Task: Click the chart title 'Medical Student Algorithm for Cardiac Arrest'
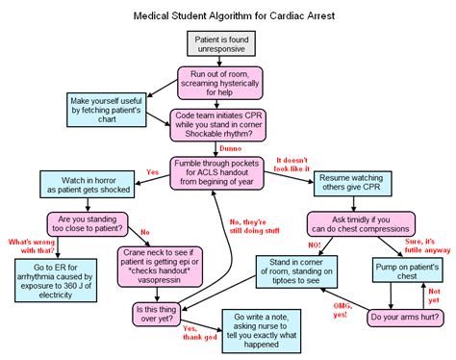[228, 15]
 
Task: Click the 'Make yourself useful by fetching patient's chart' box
[108, 110]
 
